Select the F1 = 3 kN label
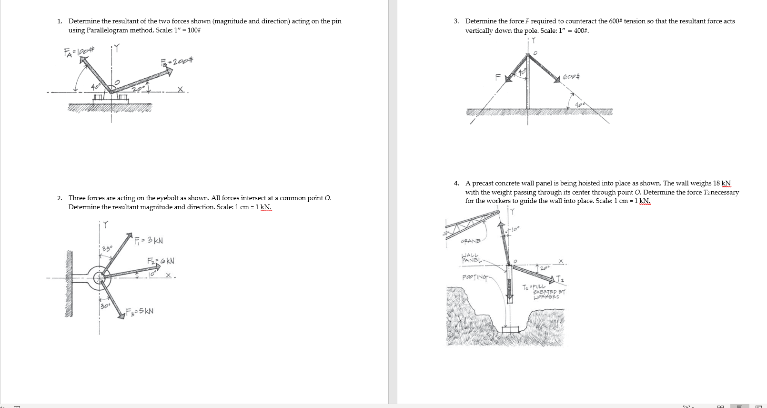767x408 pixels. (149, 240)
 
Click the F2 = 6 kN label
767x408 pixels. (160, 261)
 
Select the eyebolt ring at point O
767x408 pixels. (100, 277)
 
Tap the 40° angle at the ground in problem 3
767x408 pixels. (579, 104)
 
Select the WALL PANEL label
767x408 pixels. (472, 258)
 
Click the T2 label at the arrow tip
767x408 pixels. (560, 279)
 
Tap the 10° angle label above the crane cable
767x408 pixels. (515, 229)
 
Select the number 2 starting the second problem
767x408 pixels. (59, 198)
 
